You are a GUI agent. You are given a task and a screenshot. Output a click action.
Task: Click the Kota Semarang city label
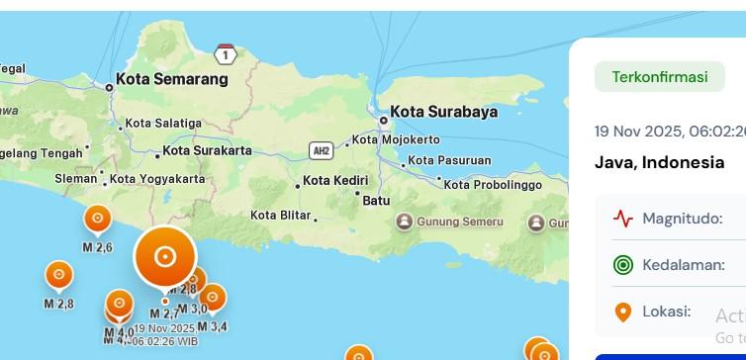(x=171, y=79)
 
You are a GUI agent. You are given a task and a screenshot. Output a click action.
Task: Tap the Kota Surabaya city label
(x=443, y=112)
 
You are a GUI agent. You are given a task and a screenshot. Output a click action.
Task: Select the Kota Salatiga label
(x=163, y=124)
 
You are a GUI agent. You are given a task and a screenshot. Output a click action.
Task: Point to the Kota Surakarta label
(x=207, y=151)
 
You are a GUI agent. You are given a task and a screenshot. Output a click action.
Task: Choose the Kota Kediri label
(x=334, y=180)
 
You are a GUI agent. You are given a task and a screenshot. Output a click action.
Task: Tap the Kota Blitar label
(x=281, y=215)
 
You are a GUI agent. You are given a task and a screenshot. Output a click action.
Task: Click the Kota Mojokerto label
(x=396, y=139)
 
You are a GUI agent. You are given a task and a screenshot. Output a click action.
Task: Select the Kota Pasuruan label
(x=449, y=160)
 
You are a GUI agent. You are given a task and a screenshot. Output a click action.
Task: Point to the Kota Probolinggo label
(x=493, y=185)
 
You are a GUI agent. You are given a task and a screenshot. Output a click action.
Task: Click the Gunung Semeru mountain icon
(x=404, y=222)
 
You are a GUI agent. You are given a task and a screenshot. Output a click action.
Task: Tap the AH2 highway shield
(x=321, y=150)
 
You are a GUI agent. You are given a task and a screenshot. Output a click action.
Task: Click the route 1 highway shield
(x=227, y=55)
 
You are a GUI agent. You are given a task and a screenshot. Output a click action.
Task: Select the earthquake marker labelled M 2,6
(x=97, y=219)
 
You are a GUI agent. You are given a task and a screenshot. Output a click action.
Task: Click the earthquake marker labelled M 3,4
(x=212, y=296)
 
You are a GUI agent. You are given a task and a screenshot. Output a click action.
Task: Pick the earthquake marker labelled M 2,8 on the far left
(x=58, y=274)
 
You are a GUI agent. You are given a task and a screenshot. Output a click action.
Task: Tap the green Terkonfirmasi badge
(x=660, y=77)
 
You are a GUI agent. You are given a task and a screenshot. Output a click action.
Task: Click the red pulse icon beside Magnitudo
(x=622, y=219)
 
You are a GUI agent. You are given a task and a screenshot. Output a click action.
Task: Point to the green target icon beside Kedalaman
(x=622, y=265)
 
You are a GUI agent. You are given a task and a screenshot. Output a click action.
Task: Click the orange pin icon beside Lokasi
(x=622, y=313)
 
